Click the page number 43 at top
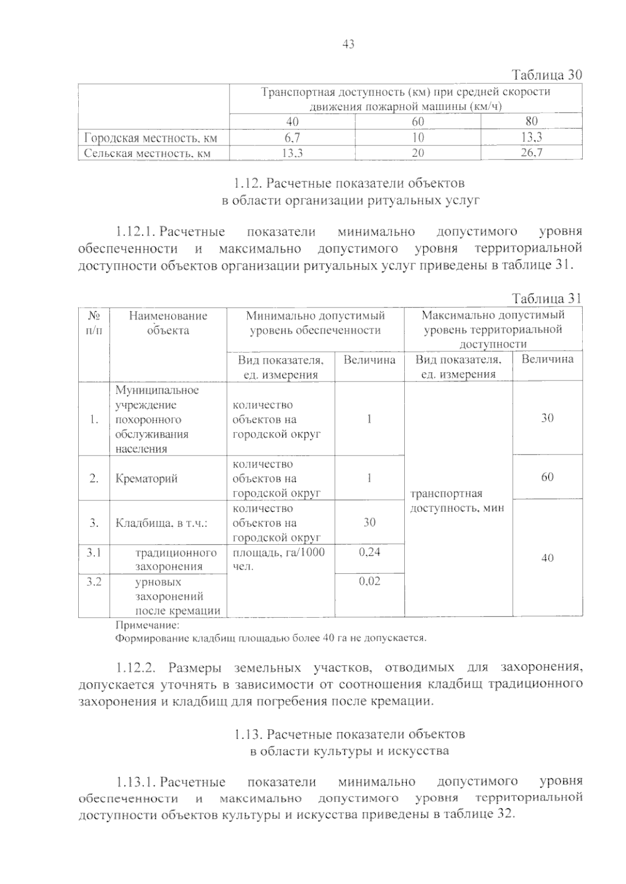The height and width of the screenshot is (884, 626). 348,45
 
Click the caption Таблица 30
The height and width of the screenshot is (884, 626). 546,75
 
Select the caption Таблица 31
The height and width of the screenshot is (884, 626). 546,299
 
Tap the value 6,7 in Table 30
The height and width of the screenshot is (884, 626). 292,138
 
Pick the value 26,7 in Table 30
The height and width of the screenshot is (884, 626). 532,153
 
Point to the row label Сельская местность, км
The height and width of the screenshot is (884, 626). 148,153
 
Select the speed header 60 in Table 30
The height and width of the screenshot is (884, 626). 417,122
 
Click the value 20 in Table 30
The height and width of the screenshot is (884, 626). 417,153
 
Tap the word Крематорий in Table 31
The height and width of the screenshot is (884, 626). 147,478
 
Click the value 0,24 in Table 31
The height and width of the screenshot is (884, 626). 369,552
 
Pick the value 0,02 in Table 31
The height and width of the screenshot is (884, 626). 369,581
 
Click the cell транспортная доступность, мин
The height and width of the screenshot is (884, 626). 457,500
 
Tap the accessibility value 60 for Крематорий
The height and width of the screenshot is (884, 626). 547,477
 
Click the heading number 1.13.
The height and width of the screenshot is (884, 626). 247,734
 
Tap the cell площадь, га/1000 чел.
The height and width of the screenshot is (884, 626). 279,559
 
